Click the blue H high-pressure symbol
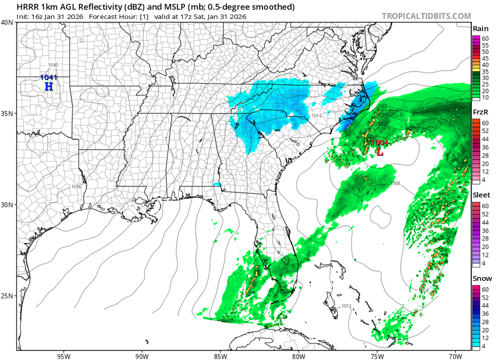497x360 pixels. pos(49,87)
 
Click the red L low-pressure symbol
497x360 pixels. pos(380,151)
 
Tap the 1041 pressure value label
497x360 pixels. pos(49,78)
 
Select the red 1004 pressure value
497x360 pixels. pos(379,143)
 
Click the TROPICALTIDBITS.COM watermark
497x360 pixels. pos(426,16)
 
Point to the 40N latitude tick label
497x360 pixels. pos(7,22)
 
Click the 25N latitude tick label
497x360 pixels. pos(7,296)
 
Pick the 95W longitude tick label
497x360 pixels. pos(63,356)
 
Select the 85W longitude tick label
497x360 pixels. pos(220,356)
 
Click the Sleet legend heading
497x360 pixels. pos(481,196)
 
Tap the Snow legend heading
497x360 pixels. pos(481,278)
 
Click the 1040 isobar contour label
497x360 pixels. pos(53,65)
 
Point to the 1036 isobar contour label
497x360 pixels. pos(76,186)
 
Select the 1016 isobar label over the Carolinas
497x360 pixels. pos(317,116)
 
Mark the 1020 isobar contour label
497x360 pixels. pos(341,86)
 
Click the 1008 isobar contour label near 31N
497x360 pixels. pos(395,183)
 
